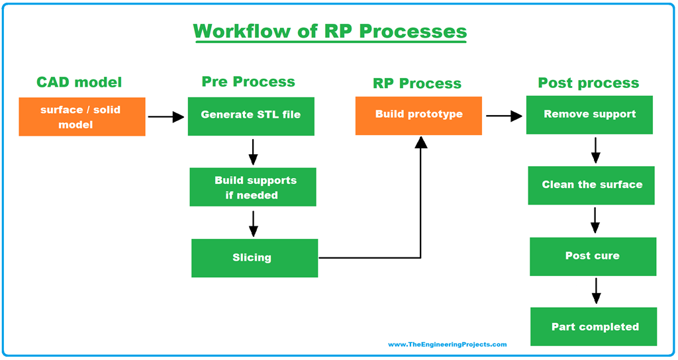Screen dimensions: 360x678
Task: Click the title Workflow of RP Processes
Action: point(330,31)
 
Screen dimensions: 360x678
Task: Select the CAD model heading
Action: point(79,82)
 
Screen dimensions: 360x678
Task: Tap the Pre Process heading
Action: point(248,81)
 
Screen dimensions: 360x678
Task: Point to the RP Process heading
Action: point(416,83)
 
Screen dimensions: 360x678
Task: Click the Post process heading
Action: point(588,83)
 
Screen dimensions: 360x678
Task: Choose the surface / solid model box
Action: point(82,117)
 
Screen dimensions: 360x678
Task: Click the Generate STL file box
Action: point(251,116)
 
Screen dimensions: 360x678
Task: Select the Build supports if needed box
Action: point(253,187)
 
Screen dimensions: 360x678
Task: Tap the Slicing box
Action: point(254,257)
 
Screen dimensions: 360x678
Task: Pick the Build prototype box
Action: point(418,115)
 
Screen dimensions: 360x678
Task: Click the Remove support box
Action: point(589,114)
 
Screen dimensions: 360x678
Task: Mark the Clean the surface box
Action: point(591,185)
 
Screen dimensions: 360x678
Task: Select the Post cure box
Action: point(593,256)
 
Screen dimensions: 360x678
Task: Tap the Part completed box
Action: point(594,326)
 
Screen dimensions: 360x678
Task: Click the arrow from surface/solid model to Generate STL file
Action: point(166,117)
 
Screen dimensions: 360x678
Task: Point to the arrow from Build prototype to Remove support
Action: point(504,116)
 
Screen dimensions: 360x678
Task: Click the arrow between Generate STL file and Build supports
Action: point(253,152)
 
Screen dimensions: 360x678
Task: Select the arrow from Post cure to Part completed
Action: point(596,291)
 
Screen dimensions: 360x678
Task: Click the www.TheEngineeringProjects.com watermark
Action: point(447,344)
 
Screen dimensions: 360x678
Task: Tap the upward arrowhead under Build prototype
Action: point(420,141)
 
